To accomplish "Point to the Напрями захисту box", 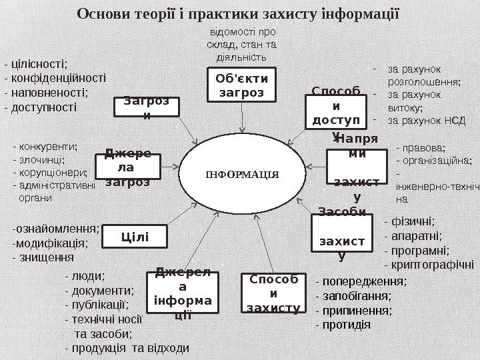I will [x=357, y=168].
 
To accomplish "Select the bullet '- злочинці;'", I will [x=39, y=159].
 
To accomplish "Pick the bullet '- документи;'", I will [x=100, y=290].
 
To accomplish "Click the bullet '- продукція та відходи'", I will [x=127, y=348].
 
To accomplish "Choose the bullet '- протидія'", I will [x=343, y=326].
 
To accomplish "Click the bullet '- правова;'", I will [x=421, y=148].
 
